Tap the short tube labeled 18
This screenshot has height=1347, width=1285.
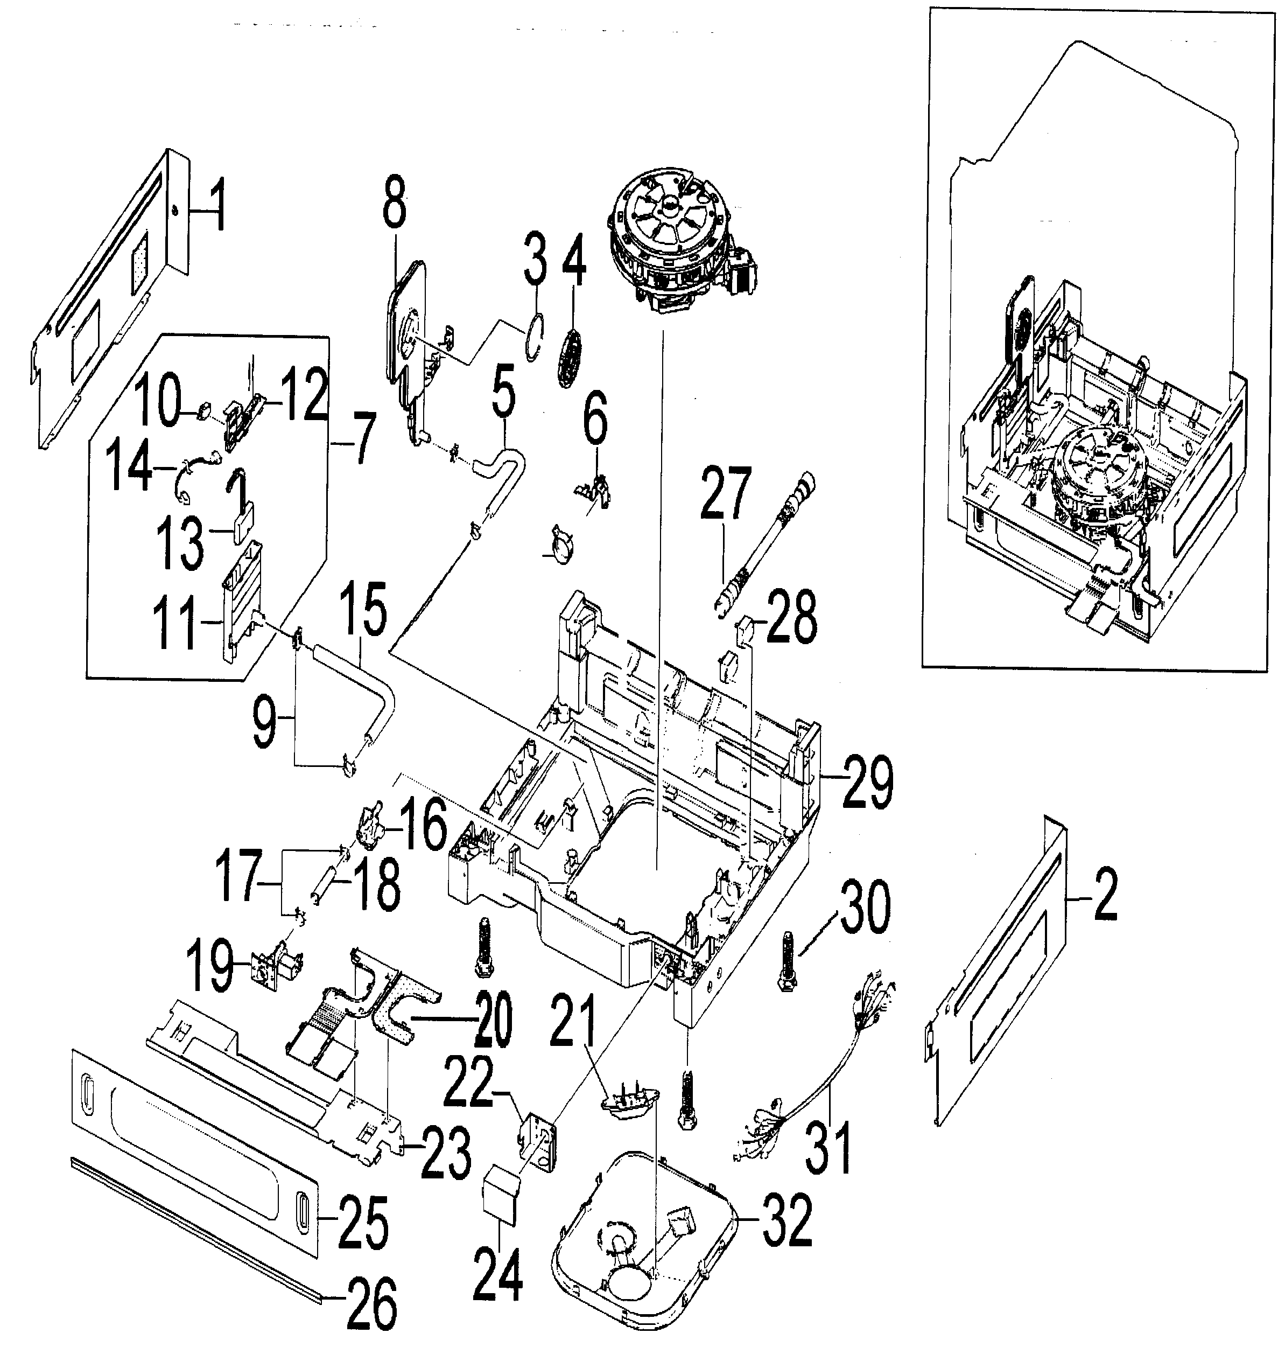[322, 884]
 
